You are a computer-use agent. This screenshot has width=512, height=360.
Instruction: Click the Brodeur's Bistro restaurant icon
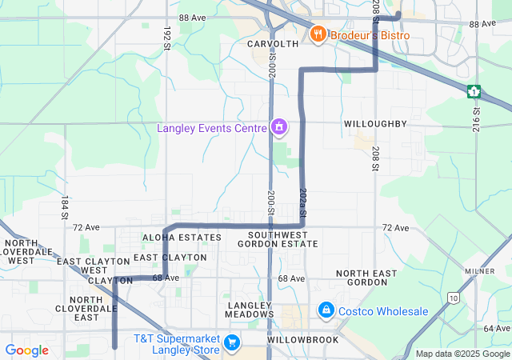point(318,34)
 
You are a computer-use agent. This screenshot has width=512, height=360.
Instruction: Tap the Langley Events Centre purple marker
point(278,126)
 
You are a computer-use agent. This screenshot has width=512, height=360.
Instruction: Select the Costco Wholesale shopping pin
point(326,310)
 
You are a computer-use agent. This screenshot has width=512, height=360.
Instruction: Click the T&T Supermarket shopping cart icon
point(232,342)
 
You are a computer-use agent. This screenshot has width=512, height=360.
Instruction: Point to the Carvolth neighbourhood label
point(273,43)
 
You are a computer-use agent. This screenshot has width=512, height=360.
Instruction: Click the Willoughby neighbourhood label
point(375,124)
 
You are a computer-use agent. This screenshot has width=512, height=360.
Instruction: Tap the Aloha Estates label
point(182,238)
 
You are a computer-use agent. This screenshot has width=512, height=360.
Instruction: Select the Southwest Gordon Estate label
point(278,238)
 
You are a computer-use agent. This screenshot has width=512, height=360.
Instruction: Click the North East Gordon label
point(366,278)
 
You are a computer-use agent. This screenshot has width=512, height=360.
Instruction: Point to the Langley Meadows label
point(250,310)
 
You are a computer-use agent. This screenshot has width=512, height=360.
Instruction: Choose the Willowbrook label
point(303,340)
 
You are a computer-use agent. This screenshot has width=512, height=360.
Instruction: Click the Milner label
point(489,271)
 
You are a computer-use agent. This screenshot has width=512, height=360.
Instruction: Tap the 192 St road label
point(167,37)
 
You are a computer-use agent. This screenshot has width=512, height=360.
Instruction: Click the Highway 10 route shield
point(454,298)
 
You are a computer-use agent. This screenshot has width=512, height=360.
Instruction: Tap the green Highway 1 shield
point(474,90)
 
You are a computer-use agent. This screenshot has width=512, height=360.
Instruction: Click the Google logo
point(26,350)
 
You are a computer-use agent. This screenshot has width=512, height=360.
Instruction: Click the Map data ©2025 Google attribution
point(462,354)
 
